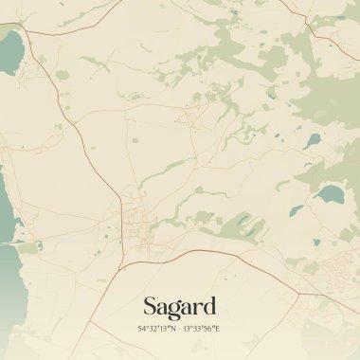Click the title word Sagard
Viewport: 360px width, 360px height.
click(179, 306)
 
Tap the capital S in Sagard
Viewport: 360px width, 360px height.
click(150, 306)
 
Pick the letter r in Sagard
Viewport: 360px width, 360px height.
click(197, 308)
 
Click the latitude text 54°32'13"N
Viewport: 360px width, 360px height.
click(156, 328)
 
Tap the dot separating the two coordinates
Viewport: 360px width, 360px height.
click(179, 328)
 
